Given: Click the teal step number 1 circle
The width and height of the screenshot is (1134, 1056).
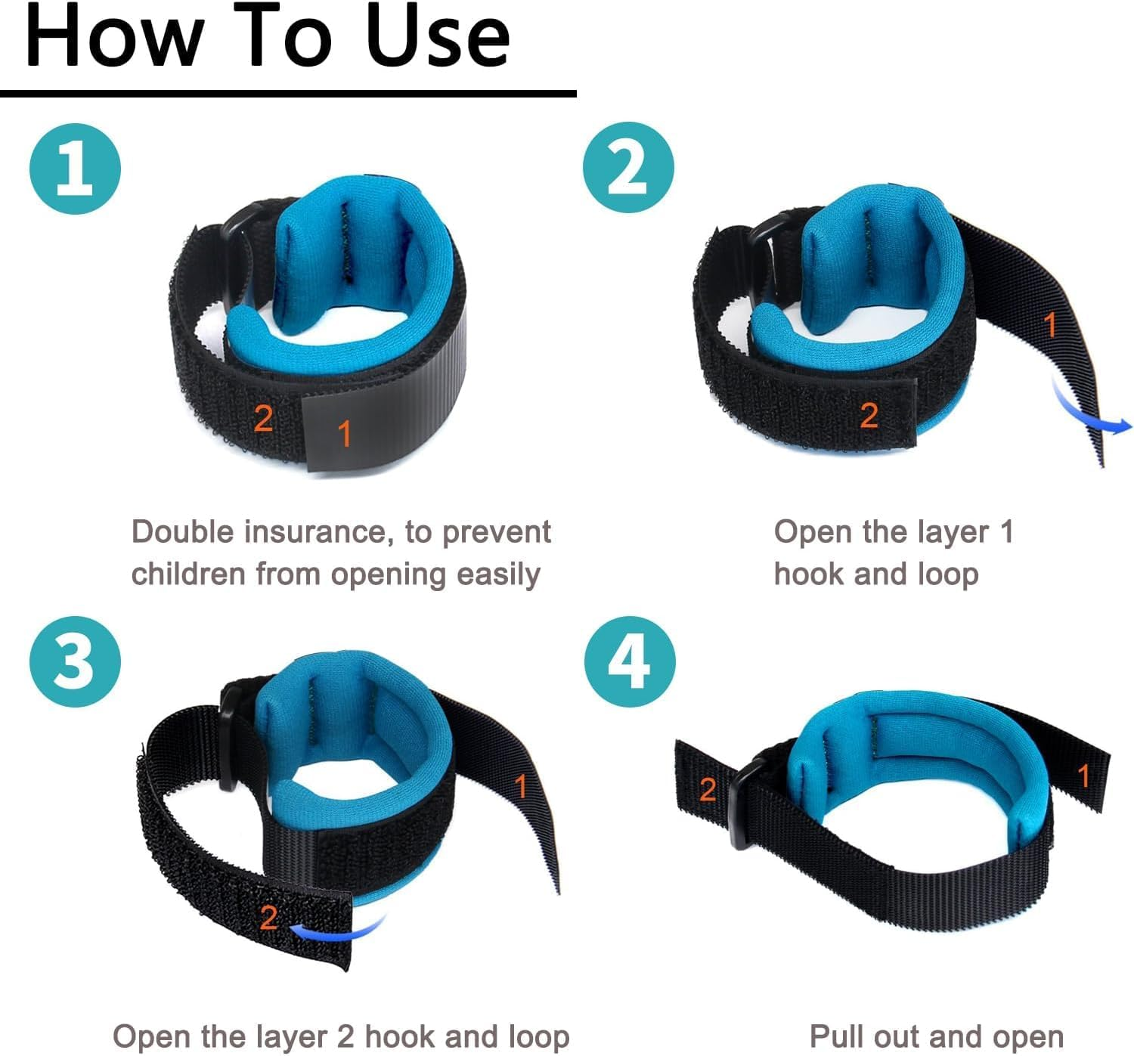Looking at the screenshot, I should click(75, 169).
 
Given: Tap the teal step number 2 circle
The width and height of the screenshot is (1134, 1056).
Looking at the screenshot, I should click(628, 168).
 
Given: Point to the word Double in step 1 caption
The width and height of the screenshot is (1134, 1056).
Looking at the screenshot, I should click(182, 532).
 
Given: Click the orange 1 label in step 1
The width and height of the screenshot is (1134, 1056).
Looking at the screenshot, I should click(345, 434).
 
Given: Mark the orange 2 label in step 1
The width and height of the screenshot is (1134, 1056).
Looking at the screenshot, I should click(263, 418).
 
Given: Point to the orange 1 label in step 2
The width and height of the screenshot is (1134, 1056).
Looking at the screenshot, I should click(1049, 325).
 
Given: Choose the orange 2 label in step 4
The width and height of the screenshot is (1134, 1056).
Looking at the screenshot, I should click(708, 790).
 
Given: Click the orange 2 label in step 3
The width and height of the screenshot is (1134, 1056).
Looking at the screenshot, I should click(268, 918).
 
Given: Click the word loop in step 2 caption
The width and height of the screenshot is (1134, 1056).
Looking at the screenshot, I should click(949, 574).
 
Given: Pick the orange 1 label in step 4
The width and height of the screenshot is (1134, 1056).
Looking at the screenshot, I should click(1084, 776).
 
